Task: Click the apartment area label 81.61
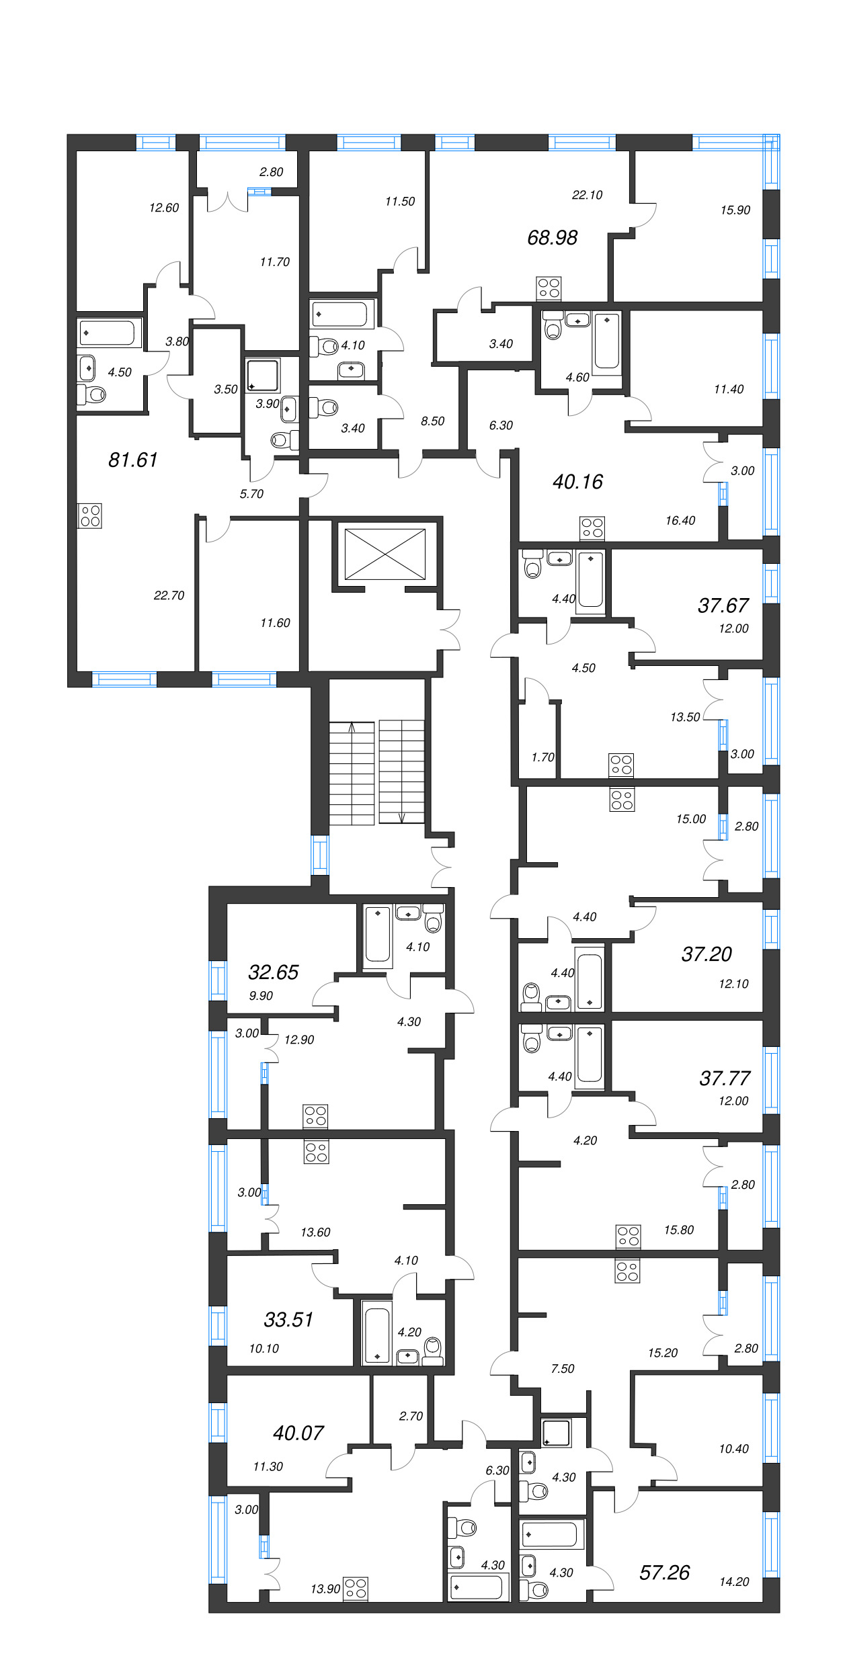click(x=133, y=460)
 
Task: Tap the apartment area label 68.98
click(x=552, y=237)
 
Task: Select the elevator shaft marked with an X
click(x=385, y=554)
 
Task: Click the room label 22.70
click(x=169, y=595)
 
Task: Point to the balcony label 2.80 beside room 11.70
click(x=272, y=172)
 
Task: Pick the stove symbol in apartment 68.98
click(x=549, y=288)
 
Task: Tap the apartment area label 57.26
click(x=664, y=1572)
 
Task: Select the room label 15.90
click(x=735, y=210)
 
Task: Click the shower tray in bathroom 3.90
click(x=263, y=376)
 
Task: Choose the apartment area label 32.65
click(x=273, y=972)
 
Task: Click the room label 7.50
click(x=563, y=1369)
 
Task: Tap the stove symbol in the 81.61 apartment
click(x=90, y=515)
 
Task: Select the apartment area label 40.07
click(x=298, y=1433)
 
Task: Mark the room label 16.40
click(x=680, y=521)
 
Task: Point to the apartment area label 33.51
click(x=288, y=1319)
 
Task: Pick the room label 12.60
click(x=164, y=208)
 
